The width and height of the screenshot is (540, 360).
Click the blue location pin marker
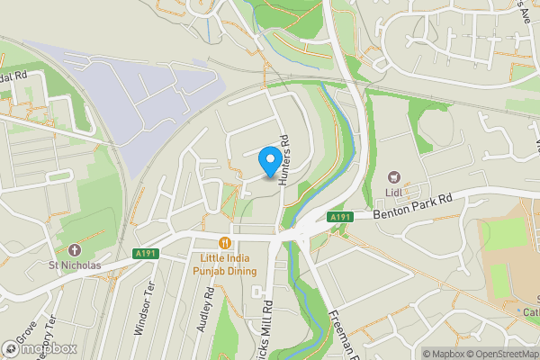[268, 162]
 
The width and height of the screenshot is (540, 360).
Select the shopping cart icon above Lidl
[393, 178]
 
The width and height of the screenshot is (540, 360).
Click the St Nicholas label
[75, 265]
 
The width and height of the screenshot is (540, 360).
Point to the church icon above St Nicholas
[75, 249]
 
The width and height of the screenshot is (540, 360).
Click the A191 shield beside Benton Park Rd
[339, 217]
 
